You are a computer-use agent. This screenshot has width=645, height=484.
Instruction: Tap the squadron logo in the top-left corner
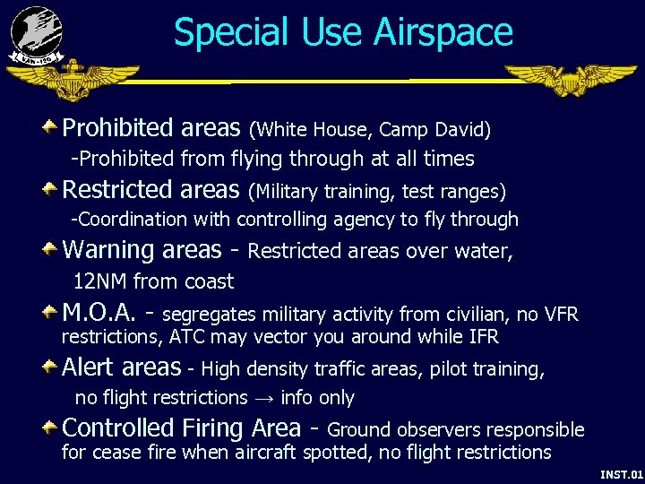(x=37, y=34)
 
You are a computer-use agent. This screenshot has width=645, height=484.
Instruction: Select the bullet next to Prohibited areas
(x=53, y=127)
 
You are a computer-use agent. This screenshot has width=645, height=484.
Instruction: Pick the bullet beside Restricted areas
(x=53, y=189)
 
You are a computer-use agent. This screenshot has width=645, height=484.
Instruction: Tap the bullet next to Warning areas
(x=53, y=250)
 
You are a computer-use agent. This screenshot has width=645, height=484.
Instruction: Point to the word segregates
(x=210, y=315)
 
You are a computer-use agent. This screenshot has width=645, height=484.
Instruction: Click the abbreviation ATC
(x=187, y=337)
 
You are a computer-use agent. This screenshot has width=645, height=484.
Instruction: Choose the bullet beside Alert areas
(x=53, y=367)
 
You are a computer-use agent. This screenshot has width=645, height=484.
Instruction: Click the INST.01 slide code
(x=621, y=473)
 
